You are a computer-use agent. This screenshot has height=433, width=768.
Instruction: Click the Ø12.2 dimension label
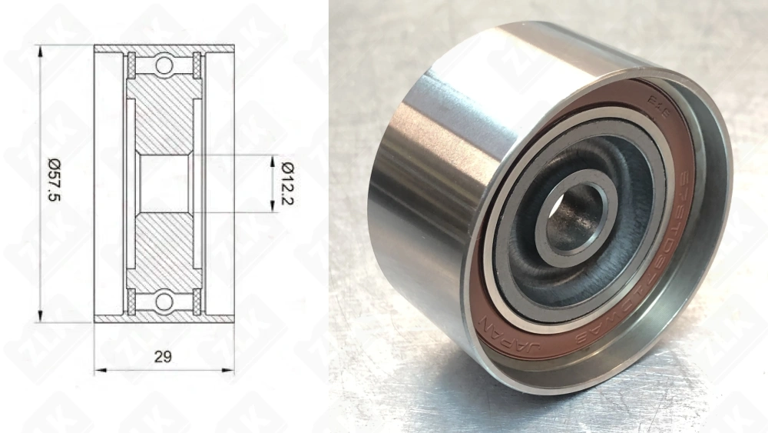tap(287, 183)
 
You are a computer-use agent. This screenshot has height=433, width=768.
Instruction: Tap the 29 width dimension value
tap(162, 356)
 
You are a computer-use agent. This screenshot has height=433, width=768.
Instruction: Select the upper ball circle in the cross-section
tap(164, 65)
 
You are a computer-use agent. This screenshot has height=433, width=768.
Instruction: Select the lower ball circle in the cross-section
tap(164, 301)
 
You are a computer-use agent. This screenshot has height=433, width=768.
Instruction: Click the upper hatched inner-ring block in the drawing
tap(164, 115)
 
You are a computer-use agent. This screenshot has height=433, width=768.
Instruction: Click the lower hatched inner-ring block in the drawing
tap(164, 250)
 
